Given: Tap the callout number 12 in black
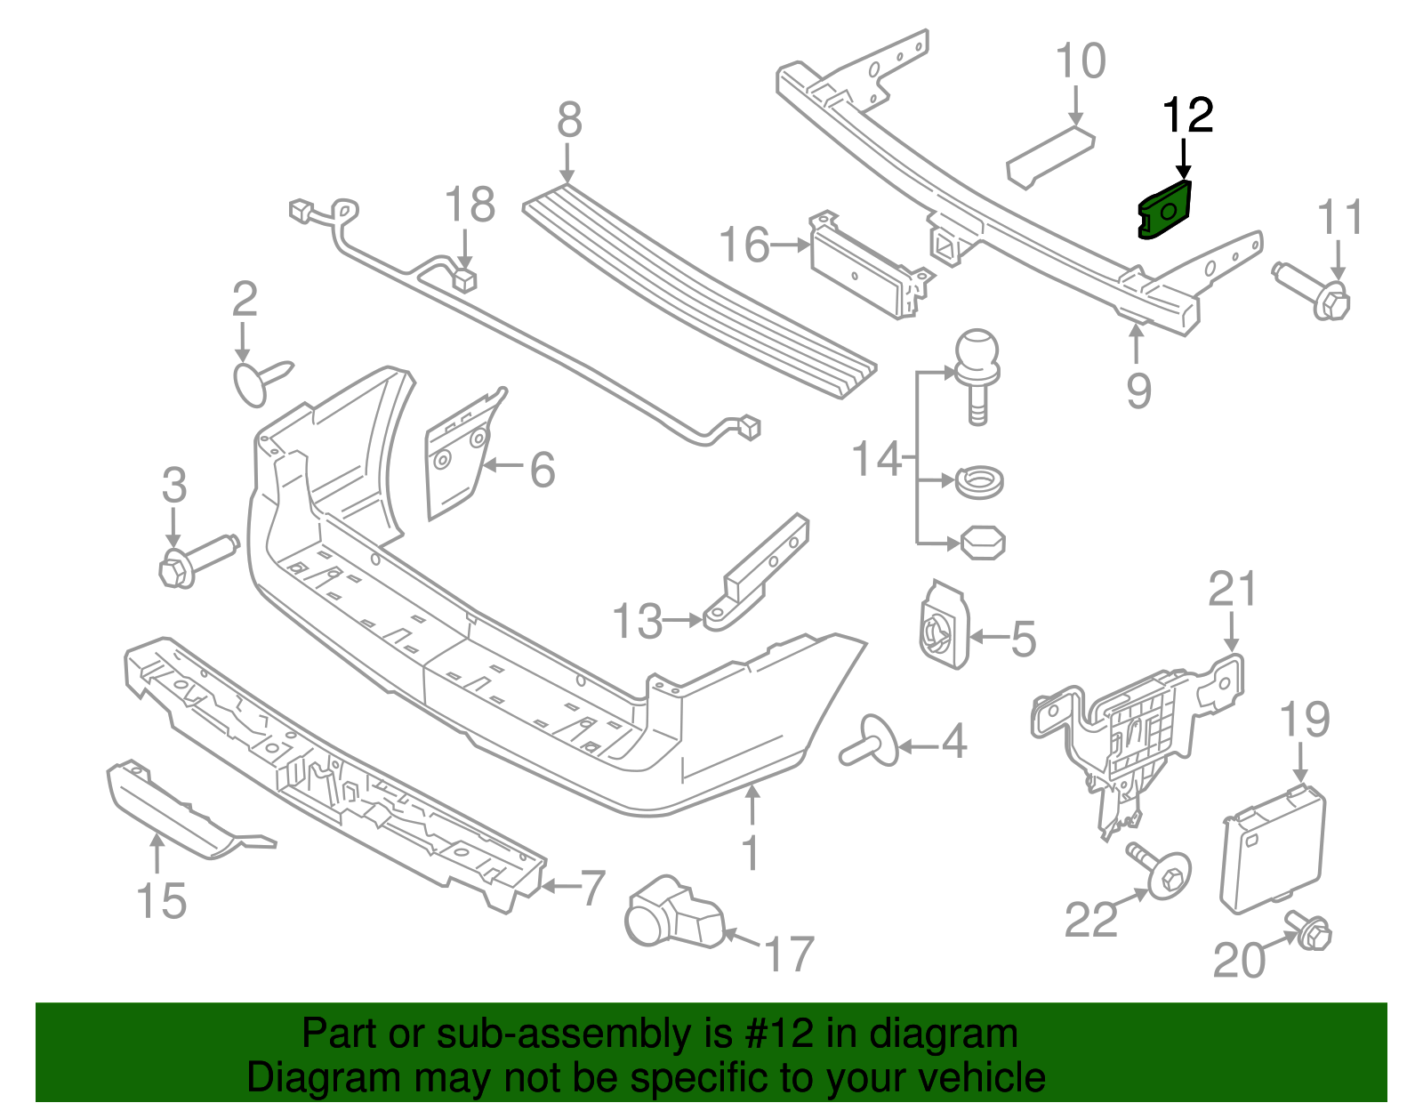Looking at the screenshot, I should click(1187, 117).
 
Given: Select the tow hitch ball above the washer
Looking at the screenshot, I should click(977, 360).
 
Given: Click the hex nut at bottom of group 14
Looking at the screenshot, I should click(983, 542).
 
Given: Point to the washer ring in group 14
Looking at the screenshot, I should click(979, 483).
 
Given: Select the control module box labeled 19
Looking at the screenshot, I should click(1273, 849).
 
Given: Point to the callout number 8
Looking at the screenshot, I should click(569, 120).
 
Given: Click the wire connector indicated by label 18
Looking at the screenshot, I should click(463, 280).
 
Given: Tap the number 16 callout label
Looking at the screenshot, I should click(744, 245).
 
